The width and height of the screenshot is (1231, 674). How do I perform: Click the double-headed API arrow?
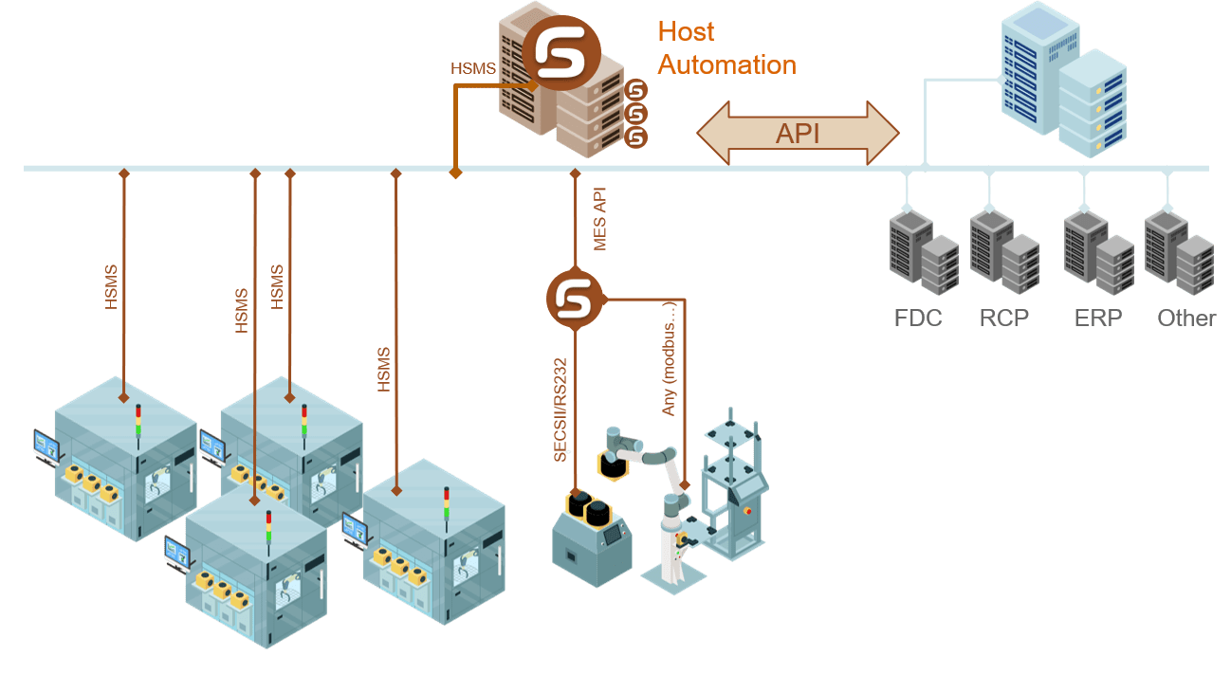(798, 134)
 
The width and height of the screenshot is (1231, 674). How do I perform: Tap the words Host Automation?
(726, 48)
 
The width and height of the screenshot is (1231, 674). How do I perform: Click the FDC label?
(918, 318)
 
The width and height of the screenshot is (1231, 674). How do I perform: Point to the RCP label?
(1003, 318)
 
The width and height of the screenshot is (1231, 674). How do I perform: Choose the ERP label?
(1098, 318)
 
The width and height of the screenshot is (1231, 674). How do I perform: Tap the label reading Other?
(1185, 318)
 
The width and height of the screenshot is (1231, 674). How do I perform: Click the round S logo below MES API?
(575, 299)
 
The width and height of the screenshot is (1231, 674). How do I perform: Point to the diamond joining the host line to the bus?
(455, 172)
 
